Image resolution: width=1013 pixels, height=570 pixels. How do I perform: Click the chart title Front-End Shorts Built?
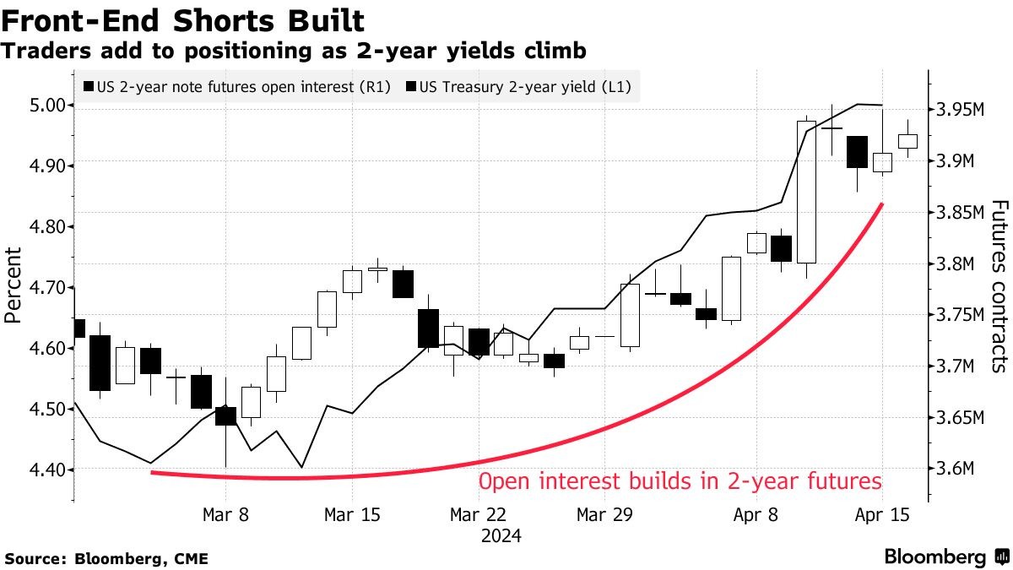184,20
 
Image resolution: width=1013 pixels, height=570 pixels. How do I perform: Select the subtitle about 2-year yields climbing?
294,52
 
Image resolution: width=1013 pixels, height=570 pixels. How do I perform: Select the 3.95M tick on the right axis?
962,110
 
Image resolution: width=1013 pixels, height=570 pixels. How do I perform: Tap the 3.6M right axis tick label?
956,470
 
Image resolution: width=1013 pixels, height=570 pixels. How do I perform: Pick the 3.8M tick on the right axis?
956,264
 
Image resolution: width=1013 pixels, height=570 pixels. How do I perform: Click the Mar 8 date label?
225,515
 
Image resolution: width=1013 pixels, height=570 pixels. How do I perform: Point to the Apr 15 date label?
881,515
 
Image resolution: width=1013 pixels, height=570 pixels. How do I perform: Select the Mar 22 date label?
477,515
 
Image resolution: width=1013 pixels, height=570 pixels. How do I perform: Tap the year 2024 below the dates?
501,536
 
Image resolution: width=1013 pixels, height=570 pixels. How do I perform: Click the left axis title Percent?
13,285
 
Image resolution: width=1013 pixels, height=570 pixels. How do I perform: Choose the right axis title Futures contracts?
999,285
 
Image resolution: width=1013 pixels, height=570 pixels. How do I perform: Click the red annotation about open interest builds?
680,482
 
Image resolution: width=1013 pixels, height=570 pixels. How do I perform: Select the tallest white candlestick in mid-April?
806,192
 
